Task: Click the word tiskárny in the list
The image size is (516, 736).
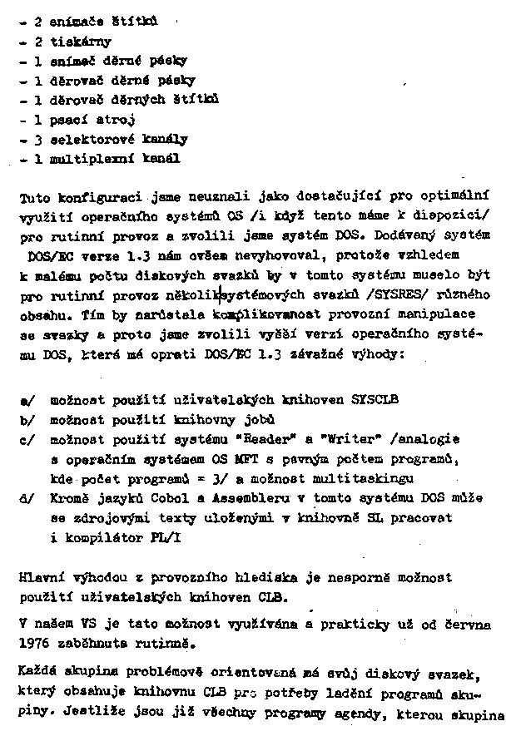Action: pyautogui.click(x=81, y=41)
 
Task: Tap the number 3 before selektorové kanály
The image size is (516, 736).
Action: pyautogui.click(x=38, y=139)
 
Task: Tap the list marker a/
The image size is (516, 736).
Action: pyautogui.click(x=25, y=399)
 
